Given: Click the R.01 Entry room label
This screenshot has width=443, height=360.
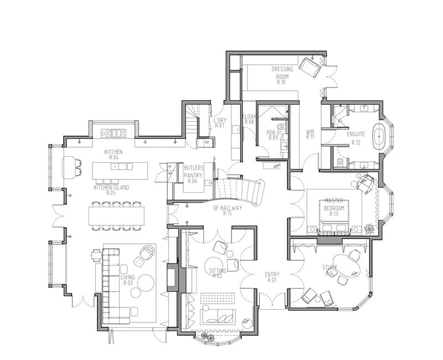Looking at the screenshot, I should [x=272, y=276].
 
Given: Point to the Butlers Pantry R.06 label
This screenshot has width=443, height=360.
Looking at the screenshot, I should [x=193, y=174].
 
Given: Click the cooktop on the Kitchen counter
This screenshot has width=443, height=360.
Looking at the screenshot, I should [x=115, y=133].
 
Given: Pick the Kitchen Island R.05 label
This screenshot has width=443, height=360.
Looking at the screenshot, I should [x=111, y=191].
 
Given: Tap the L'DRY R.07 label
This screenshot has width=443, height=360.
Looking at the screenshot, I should [x=219, y=122].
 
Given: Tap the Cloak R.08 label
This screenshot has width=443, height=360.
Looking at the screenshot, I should [x=248, y=119].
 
